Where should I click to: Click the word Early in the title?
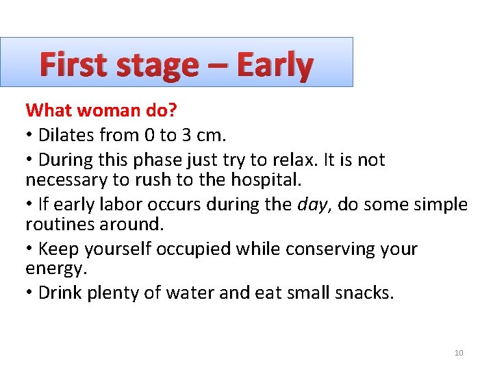coord(275,65)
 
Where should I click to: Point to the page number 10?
coord(459,353)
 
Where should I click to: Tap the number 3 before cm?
coord(184,135)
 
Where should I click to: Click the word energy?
coord(55,269)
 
